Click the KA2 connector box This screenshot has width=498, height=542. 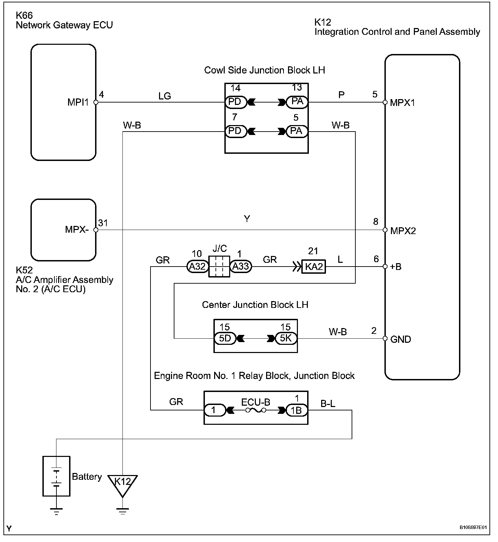coord(313,267)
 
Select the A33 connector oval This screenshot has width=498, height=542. coord(240,267)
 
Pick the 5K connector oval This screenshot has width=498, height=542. coord(286,338)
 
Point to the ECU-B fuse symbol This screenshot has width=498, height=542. coord(256,410)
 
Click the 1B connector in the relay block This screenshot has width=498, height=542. coord(297,410)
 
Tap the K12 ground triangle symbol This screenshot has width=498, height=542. coord(122,485)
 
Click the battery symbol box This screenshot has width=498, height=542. coord(56,476)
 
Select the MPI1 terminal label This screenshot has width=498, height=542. coord(78,103)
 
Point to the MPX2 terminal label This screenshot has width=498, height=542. coord(403,231)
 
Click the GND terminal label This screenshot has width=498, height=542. coord(401,339)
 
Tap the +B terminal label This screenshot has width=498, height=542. coord(396,267)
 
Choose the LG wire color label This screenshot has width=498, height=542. coord(165,96)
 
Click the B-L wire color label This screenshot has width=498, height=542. coord(328,404)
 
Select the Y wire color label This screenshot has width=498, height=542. coord(247,219)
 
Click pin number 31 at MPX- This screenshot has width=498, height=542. coord(103,223)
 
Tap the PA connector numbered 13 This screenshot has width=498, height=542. coord(297,102)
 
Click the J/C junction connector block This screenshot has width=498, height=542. coord(219,266)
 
